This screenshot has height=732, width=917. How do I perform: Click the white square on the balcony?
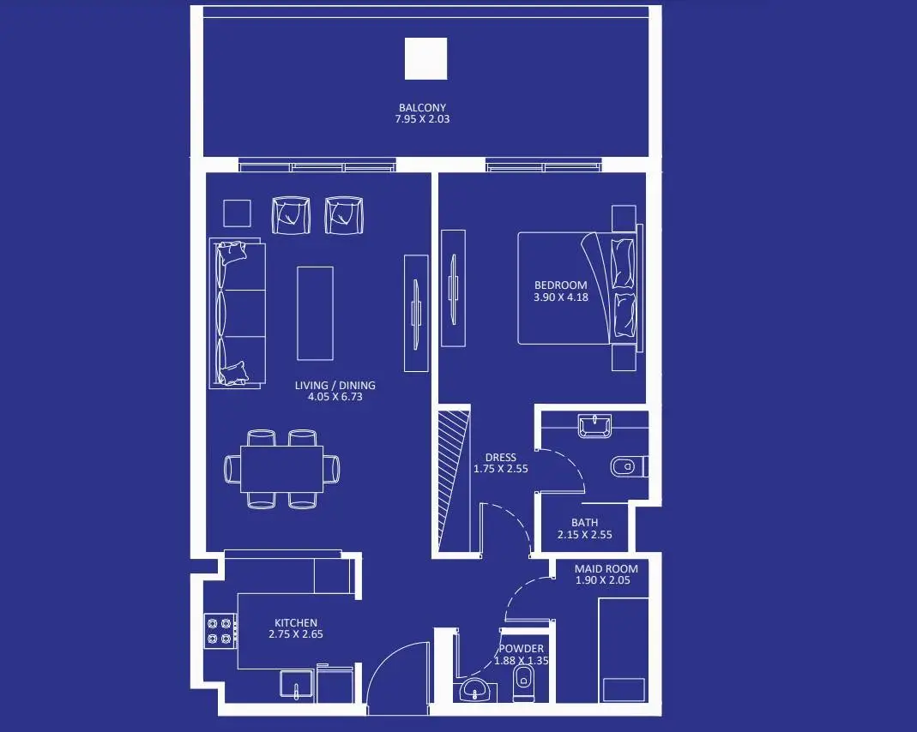coord(425,58)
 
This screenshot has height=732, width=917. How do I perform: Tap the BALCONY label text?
coord(422,107)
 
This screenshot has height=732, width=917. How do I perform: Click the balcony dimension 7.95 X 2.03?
coord(422,119)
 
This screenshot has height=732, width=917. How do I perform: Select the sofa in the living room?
coord(238,313)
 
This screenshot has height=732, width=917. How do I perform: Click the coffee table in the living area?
coord(315,314)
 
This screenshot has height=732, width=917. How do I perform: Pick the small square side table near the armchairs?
coord(237,213)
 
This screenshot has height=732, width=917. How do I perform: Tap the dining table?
coord(282,469)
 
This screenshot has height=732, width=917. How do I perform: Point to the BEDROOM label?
coord(561,285)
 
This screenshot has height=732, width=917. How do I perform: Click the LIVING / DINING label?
coord(335,386)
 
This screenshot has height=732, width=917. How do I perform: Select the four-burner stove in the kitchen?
coord(220,631)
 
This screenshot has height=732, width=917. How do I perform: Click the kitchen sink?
coord(297,686)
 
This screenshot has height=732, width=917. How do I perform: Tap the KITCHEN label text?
coord(296,623)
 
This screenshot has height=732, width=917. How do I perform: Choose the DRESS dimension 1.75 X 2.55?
coord(501,469)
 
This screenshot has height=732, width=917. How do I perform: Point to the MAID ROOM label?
coord(606,568)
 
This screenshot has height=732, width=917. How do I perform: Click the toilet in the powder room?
coord(523,683)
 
